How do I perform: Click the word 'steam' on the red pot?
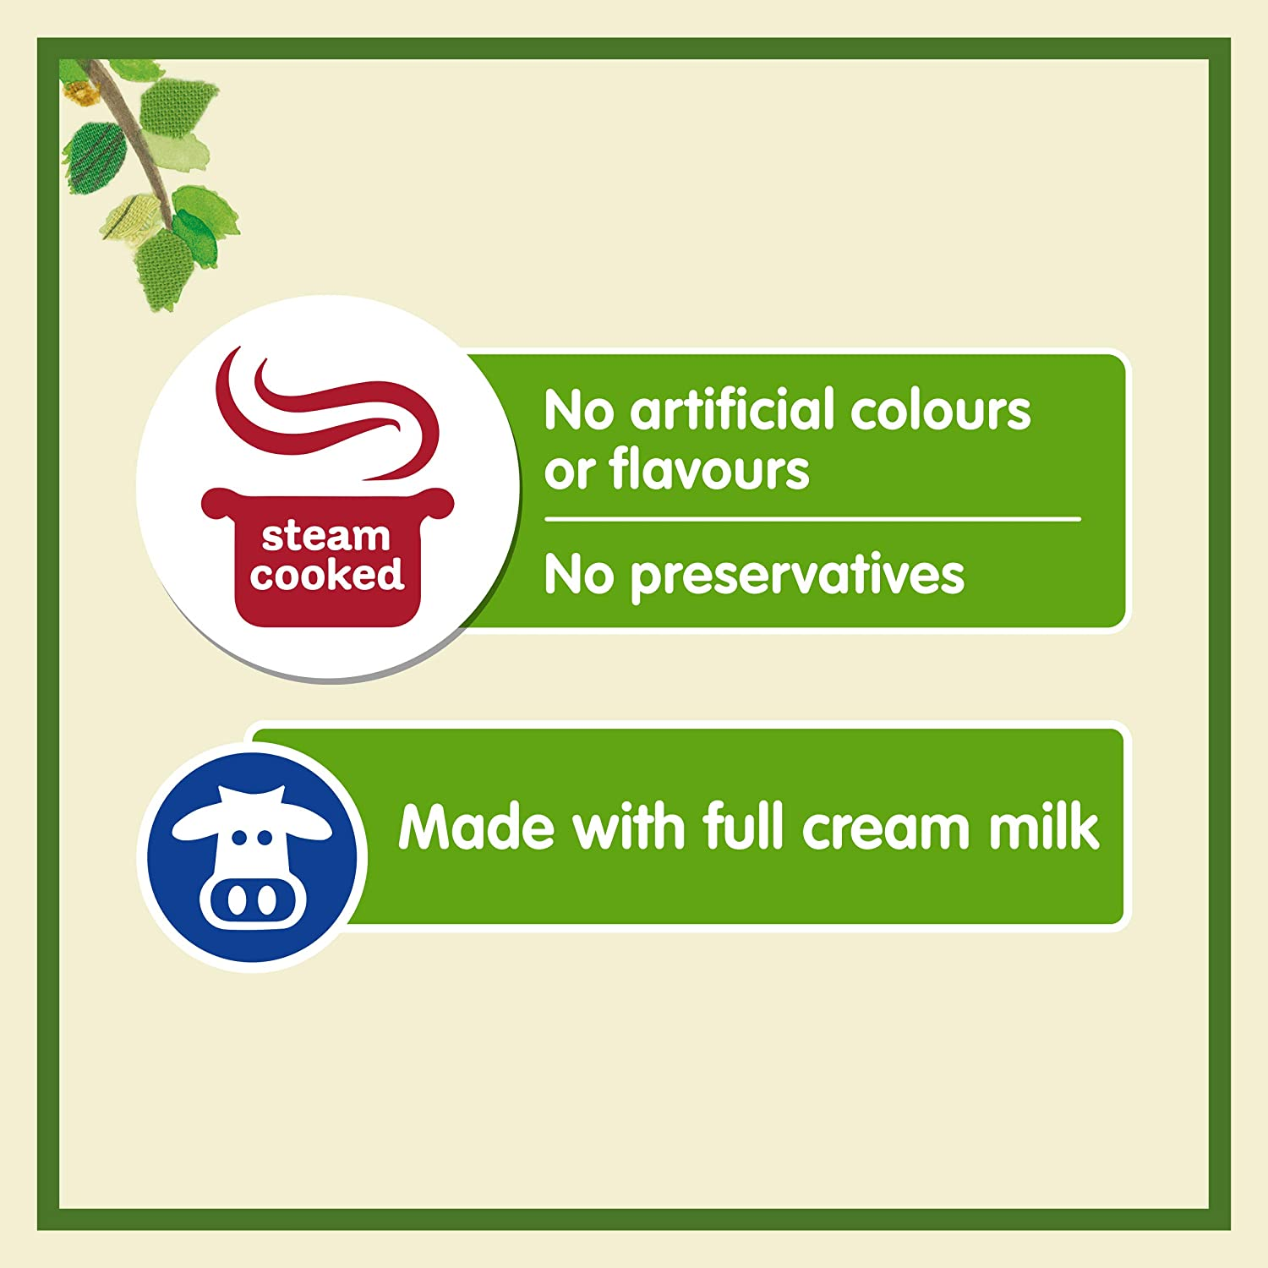[325, 536]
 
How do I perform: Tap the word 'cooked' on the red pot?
[327, 575]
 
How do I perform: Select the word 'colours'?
[940, 411]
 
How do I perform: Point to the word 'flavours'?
[708, 470]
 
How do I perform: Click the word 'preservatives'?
[797, 577]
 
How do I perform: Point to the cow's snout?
[250, 900]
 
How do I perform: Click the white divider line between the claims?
[812, 518]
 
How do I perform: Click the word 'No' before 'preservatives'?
[578, 577]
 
